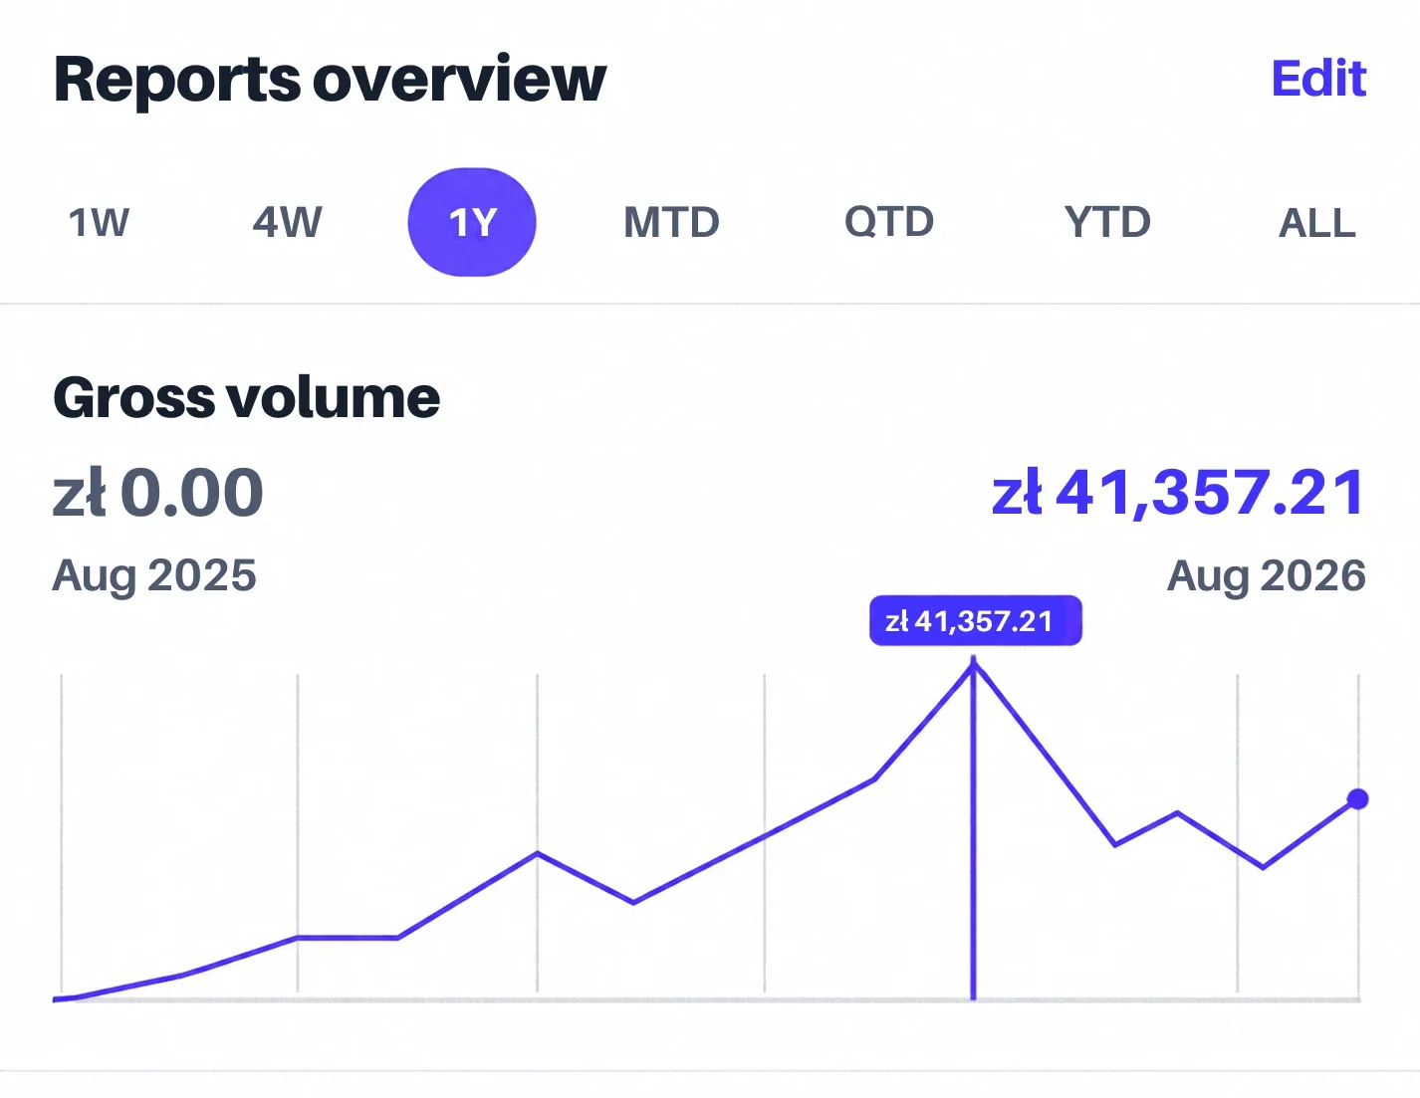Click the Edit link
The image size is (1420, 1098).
click(1318, 79)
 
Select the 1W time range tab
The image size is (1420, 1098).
click(99, 222)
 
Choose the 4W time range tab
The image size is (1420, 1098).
click(287, 222)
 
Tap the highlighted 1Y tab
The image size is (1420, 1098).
click(472, 222)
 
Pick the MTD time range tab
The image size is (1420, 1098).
click(672, 222)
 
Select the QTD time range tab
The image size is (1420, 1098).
click(888, 222)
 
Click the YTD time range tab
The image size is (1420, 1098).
click(1107, 222)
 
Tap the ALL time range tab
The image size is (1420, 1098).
click(1316, 223)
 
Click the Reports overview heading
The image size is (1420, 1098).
click(330, 80)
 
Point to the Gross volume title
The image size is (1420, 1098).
click(246, 397)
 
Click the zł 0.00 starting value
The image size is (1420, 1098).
click(157, 492)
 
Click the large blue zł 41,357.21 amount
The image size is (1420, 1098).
click(1178, 492)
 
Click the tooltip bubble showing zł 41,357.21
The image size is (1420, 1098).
click(976, 620)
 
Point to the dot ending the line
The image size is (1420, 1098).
click(1358, 798)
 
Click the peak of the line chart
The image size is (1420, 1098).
click(974, 664)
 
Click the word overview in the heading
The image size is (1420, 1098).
click(460, 80)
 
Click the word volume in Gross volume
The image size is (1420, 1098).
click(334, 397)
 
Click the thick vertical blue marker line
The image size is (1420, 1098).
click(974, 828)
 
